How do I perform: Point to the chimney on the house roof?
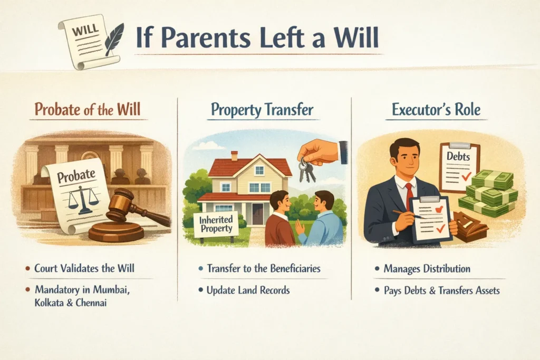pyautogui.click(x=234, y=156)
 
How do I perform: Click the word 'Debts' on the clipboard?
pyautogui.click(x=458, y=156)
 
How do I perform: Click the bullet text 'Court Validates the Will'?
pyautogui.click(x=84, y=268)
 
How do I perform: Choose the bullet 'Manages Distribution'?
pyautogui.click(x=427, y=269)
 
